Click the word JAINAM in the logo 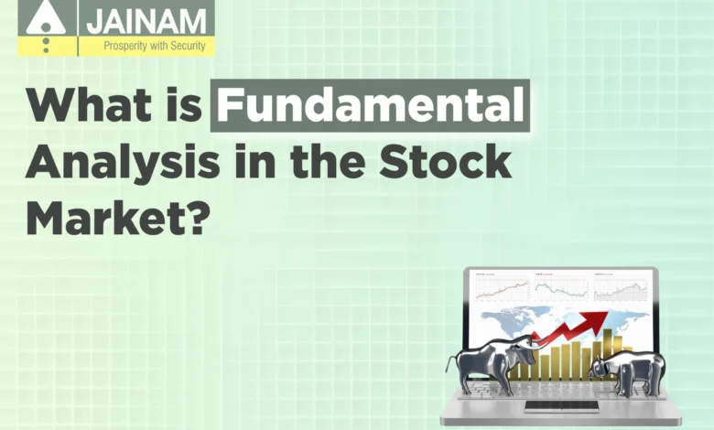(146, 21)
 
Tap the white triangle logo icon (46, 18)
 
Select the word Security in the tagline (188, 46)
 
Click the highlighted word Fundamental (370, 105)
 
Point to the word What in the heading (90, 104)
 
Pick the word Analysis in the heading (123, 164)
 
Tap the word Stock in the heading (445, 162)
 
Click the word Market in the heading (107, 218)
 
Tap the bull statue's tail (450, 365)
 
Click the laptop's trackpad (560, 406)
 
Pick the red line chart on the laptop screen (503, 289)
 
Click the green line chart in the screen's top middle (562, 290)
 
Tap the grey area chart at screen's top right (622, 291)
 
